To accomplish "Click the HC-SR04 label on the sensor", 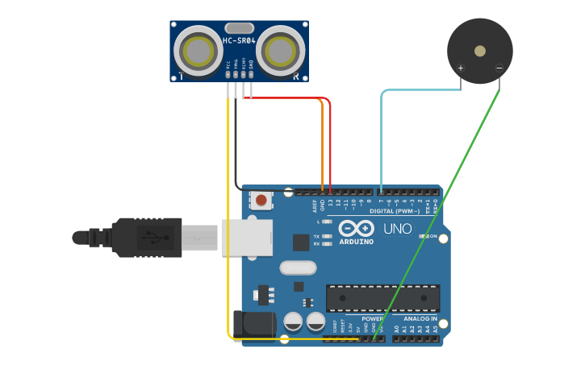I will [x=239, y=41].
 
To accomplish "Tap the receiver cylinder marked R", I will [x=281, y=51].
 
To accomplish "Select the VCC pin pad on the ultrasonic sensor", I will [x=228, y=75].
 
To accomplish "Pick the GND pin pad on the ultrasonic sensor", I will [x=251, y=75].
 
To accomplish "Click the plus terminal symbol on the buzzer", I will [x=461, y=68].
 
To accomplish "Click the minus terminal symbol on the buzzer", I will [x=499, y=68].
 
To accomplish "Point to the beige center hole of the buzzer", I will [x=480, y=51].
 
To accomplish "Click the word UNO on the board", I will [x=397, y=229].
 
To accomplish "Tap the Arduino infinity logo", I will [x=356, y=228].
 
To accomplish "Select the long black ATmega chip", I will [x=382, y=297].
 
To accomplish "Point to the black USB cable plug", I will [x=145, y=238].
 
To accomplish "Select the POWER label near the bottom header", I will [x=372, y=319].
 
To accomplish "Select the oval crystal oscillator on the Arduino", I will [x=298, y=267].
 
